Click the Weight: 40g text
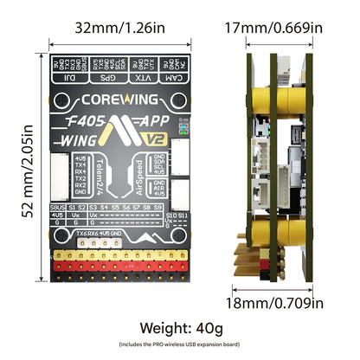[180, 329]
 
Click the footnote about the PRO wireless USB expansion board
[180, 344]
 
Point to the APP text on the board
[157, 121]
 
